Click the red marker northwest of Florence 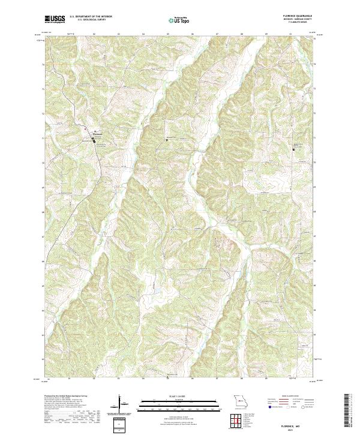tap(86, 129)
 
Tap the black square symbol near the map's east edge tap(294, 149)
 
